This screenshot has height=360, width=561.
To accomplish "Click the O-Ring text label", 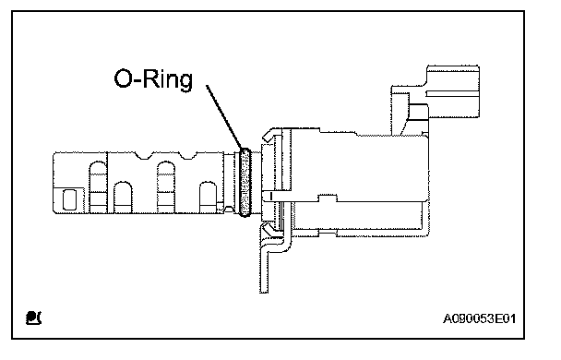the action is [x=153, y=79].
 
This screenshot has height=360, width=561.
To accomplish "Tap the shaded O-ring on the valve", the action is [x=245, y=183].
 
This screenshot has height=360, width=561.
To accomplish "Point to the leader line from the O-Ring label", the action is [x=224, y=116].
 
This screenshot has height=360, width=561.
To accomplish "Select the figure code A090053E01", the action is [x=479, y=318].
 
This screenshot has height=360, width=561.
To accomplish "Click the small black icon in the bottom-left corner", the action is [x=33, y=318].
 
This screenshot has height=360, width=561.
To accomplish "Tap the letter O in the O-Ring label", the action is [x=123, y=78].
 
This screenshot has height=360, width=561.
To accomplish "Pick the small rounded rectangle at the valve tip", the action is [x=69, y=199].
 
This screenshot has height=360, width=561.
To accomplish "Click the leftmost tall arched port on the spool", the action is [x=98, y=187].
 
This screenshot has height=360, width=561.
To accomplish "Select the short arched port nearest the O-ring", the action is [x=208, y=198].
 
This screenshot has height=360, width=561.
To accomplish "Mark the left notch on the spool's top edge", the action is [x=143, y=155].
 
